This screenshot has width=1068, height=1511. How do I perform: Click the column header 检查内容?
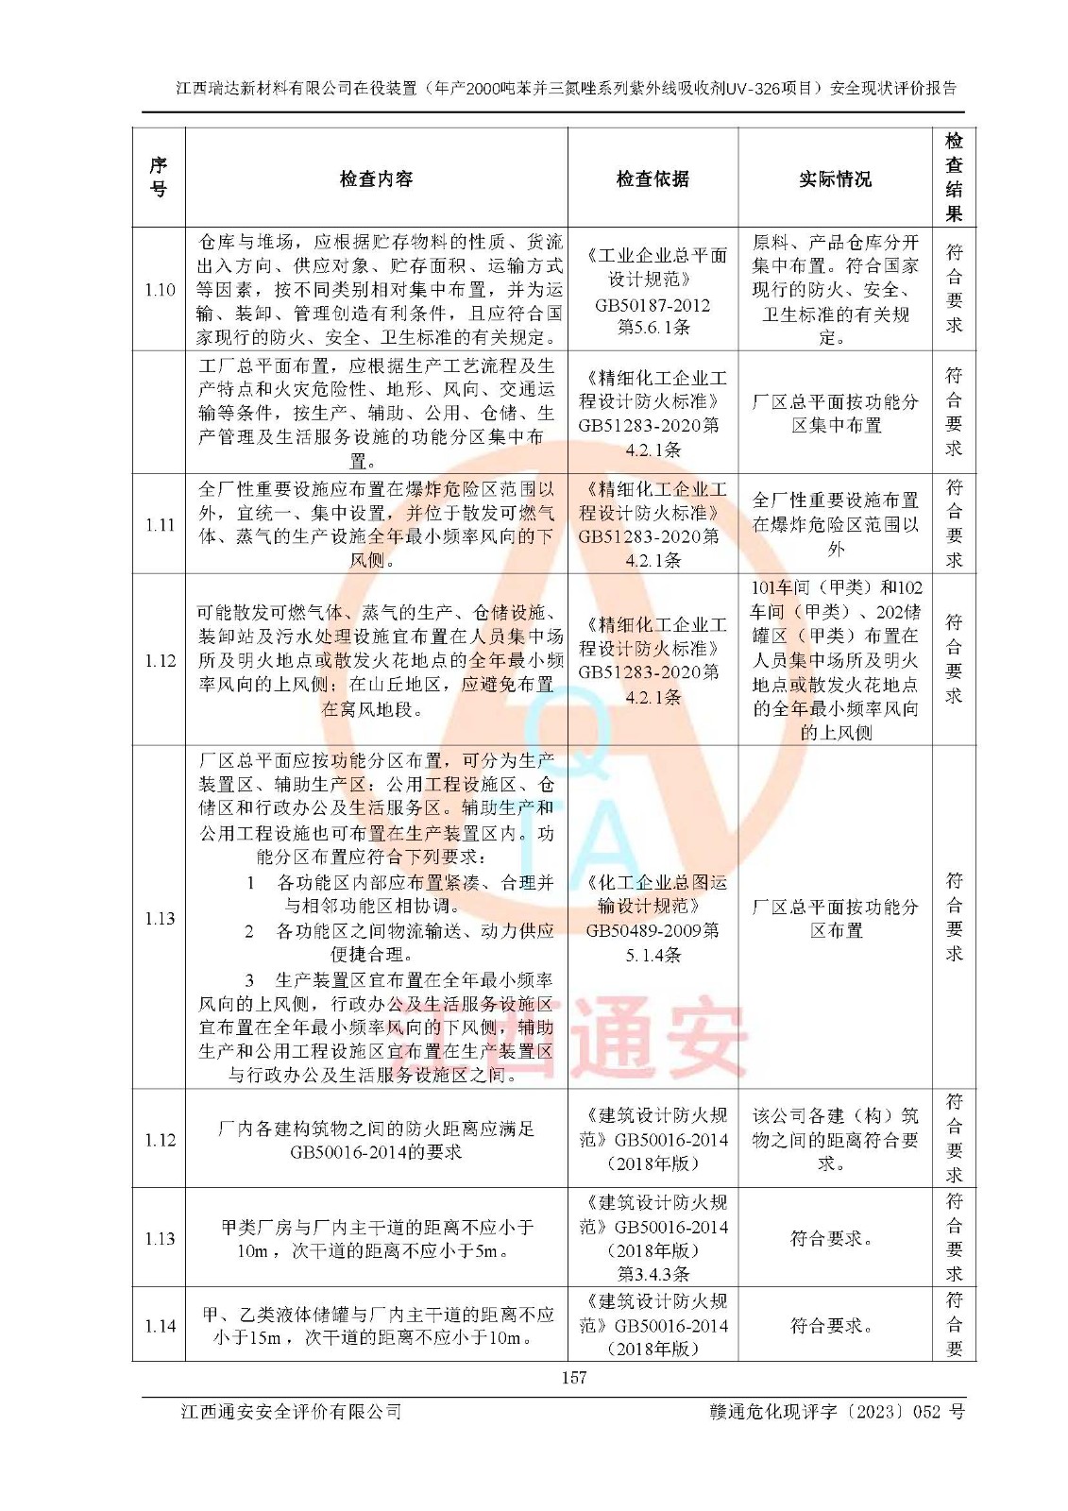pos(376,178)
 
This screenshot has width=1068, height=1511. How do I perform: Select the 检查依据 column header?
pos(653,178)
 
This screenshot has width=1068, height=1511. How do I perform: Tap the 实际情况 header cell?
pos(835,178)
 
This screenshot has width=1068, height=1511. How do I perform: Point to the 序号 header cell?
pos(159,178)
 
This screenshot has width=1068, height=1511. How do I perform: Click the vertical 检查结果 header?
pos(954,178)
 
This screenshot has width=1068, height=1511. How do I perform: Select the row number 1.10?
pos(160,290)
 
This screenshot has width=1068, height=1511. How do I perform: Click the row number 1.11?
pos(160,525)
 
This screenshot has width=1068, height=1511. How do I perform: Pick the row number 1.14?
pos(160,1326)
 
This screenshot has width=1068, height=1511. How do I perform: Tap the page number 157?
pos(574,1377)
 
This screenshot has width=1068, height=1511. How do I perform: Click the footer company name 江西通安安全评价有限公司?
pos(292,1411)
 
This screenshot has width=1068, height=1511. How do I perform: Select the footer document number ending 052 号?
pos(837,1411)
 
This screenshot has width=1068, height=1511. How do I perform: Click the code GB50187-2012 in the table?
pos(653,305)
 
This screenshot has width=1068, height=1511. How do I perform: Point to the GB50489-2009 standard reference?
pos(653,930)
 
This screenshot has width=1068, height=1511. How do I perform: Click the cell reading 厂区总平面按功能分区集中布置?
pos(835,414)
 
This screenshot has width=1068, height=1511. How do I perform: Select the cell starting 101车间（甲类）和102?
pos(835,659)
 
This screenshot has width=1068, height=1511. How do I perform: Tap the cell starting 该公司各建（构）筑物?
pos(835,1139)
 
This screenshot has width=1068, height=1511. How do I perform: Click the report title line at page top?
pos(566,88)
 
